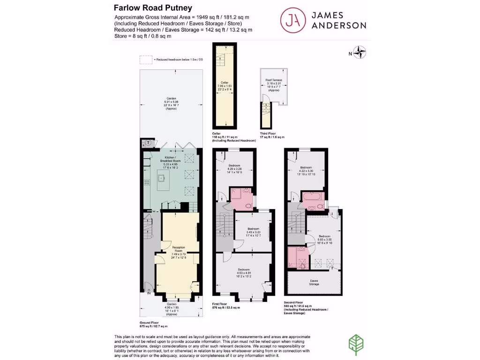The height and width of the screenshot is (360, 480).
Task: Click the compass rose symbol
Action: pyautogui.click(x=360, y=52)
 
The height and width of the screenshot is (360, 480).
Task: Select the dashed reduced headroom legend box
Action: pyautogui.click(x=146, y=60)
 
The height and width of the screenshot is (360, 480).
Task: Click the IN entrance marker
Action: pyautogui.click(x=149, y=293)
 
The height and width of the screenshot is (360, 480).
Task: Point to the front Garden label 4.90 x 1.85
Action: pyautogui.click(x=171, y=307)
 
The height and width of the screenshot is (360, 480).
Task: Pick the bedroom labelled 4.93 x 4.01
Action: pyautogui.click(x=243, y=272)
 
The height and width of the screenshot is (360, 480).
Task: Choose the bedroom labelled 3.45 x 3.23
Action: pyautogui.click(x=253, y=232)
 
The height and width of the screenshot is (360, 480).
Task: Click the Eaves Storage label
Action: pyautogui.click(x=314, y=283)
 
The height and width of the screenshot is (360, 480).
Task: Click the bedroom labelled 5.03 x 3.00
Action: pyautogui.click(x=324, y=239)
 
